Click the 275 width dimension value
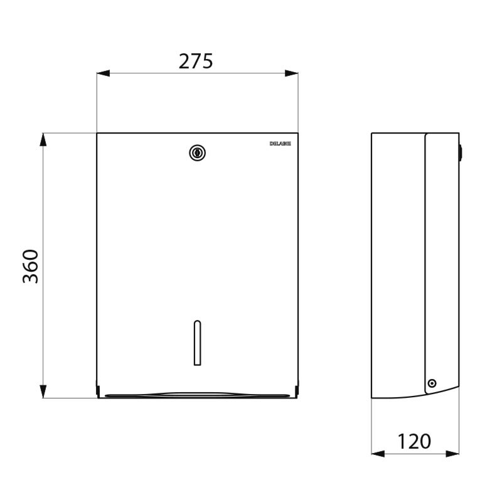point(196,61)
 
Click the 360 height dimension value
point(31,265)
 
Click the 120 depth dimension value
point(415,441)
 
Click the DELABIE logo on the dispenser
point(280,143)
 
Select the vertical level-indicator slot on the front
point(197,343)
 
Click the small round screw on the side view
point(432,383)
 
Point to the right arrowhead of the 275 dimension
point(292,73)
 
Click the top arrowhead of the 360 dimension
point(43,139)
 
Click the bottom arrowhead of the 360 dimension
point(43,392)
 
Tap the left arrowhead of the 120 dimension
point(378,453)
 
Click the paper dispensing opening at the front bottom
point(197,395)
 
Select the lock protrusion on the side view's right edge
point(461,151)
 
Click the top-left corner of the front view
point(97,133)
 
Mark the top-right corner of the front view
point(298,133)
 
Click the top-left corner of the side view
point(371,133)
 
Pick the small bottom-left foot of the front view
point(98,392)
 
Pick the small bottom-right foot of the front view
point(297,392)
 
